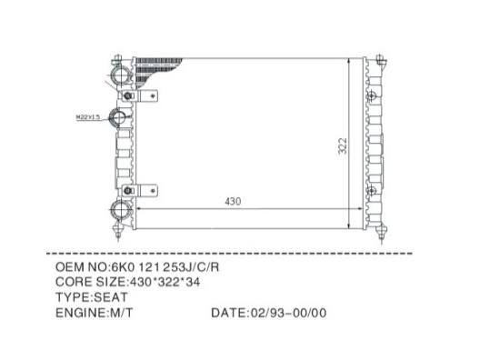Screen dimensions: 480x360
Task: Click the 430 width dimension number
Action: [x=233, y=201]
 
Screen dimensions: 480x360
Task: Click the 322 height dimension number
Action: [x=343, y=146]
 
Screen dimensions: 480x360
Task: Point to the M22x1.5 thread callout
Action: [x=88, y=117]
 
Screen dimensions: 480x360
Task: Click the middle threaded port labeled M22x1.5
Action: [x=118, y=117]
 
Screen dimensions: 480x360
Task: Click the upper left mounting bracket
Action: [x=140, y=96]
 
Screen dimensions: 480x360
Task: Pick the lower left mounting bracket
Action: [x=140, y=190]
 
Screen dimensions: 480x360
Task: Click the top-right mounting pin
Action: [x=381, y=60]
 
